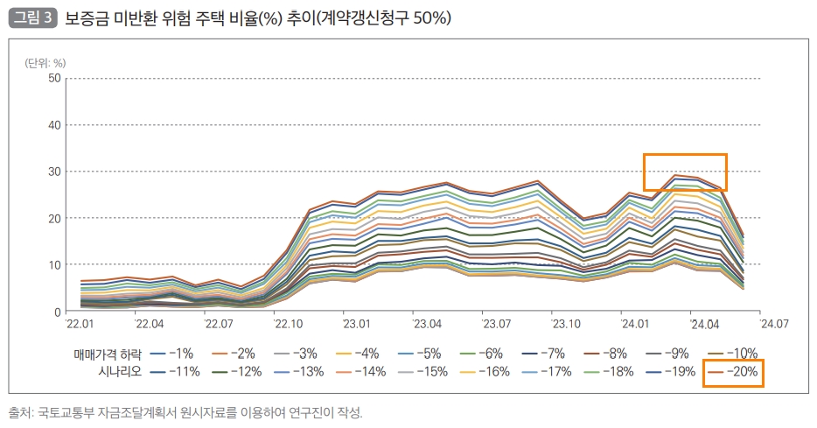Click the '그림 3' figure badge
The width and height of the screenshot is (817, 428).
(32, 18)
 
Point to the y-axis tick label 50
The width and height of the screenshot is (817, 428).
(54, 78)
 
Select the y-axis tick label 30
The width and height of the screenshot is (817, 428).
(54, 172)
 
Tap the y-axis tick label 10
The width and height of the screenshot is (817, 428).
(54, 264)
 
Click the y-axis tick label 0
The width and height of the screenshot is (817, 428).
(58, 312)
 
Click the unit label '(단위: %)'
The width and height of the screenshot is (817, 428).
(45, 62)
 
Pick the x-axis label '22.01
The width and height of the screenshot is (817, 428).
(80, 324)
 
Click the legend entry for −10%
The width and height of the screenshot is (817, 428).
(737, 354)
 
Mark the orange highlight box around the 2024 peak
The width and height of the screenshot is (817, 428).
(685, 172)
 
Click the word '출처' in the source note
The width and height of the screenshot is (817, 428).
(21, 412)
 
